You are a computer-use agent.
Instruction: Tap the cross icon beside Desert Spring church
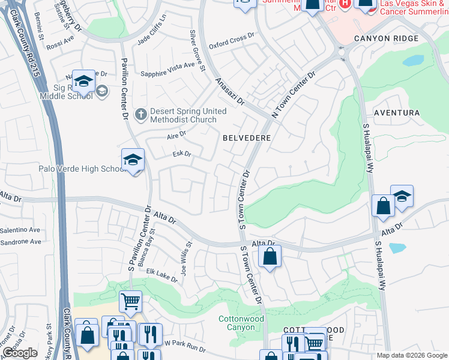click(x=140, y=113)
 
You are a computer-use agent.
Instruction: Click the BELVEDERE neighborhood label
click(x=247, y=138)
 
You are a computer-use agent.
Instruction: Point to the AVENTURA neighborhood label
click(x=396, y=113)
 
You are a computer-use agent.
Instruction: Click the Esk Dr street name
click(x=181, y=154)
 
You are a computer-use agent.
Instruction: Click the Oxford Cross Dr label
click(x=232, y=41)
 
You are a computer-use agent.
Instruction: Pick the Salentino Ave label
click(x=20, y=230)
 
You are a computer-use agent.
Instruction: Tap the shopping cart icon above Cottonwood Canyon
click(x=130, y=301)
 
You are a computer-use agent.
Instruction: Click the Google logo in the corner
click(x=20, y=353)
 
